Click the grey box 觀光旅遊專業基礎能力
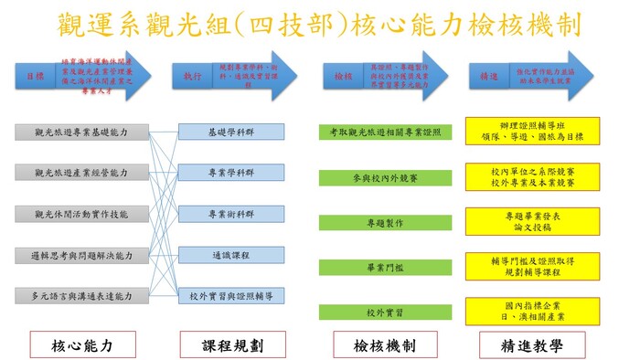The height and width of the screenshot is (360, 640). click(x=81, y=132)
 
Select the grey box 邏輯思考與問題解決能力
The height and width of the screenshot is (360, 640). click(x=81, y=255)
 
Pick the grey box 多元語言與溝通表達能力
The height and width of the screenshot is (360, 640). click(x=81, y=296)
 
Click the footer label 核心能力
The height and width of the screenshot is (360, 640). click(x=82, y=345)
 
